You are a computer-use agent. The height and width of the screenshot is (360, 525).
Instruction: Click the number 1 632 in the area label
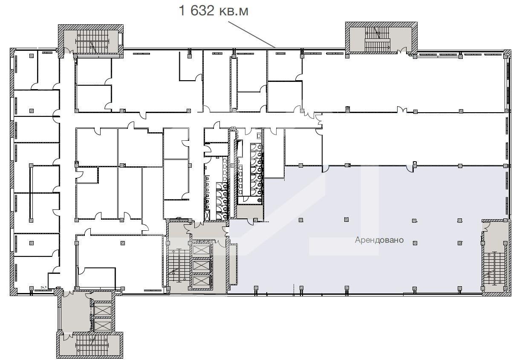196,11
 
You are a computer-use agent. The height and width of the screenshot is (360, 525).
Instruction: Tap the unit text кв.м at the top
233,11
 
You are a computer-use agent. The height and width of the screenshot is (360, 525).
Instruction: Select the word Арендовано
379,240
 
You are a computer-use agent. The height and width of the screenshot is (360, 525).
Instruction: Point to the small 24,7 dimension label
44,287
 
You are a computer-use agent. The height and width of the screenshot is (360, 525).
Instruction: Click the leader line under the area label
252,35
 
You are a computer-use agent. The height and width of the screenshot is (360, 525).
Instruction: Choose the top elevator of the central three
201,250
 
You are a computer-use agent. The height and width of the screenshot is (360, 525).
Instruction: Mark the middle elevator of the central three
201,265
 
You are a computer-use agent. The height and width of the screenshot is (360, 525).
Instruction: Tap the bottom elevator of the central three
201,281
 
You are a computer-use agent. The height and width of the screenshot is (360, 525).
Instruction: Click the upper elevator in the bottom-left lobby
102,310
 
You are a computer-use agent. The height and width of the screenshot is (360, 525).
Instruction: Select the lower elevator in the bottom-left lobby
102,325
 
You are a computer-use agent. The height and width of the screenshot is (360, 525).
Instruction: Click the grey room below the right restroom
250,212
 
